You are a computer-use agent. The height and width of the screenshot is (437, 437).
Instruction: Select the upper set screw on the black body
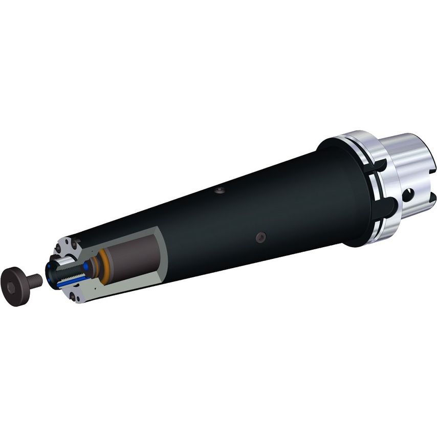[x=218, y=192]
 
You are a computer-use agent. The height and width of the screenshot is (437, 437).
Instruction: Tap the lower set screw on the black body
[x=261, y=237]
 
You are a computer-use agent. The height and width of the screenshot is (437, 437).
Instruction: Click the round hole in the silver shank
[x=408, y=195]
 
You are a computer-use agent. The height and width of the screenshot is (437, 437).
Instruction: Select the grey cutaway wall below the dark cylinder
[x=118, y=287]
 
